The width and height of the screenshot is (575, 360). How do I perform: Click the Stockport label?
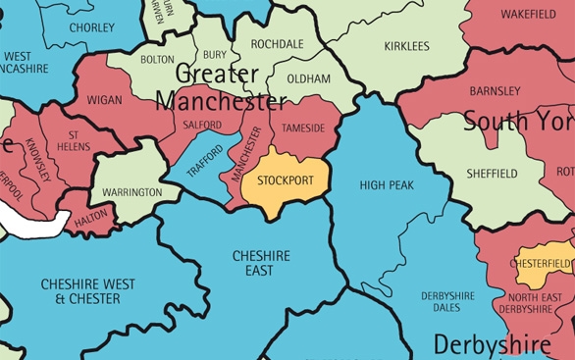click(x=286, y=180)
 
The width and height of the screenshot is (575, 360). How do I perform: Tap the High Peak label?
click(x=387, y=184)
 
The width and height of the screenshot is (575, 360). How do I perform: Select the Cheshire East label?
click(x=260, y=263)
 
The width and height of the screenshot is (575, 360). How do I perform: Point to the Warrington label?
click(x=131, y=192)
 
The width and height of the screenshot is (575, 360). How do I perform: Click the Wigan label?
click(x=105, y=100)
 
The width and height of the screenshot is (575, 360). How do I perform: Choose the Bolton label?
click(x=157, y=60)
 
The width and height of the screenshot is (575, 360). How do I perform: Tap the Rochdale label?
click(x=277, y=44)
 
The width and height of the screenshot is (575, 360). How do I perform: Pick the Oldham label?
click(x=310, y=78)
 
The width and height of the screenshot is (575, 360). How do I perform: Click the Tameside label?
click(x=302, y=128)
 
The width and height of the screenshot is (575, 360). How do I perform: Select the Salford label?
click(x=202, y=126)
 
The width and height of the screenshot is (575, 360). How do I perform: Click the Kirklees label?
click(x=406, y=46)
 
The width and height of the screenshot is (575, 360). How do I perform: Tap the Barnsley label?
click(x=496, y=91)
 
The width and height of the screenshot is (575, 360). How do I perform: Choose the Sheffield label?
click(x=492, y=174)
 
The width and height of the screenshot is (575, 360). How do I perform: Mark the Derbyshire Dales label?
click(x=447, y=301)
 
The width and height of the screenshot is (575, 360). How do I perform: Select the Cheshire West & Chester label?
click(x=81, y=290)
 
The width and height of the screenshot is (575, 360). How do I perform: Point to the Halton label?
click(x=91, y=222)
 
